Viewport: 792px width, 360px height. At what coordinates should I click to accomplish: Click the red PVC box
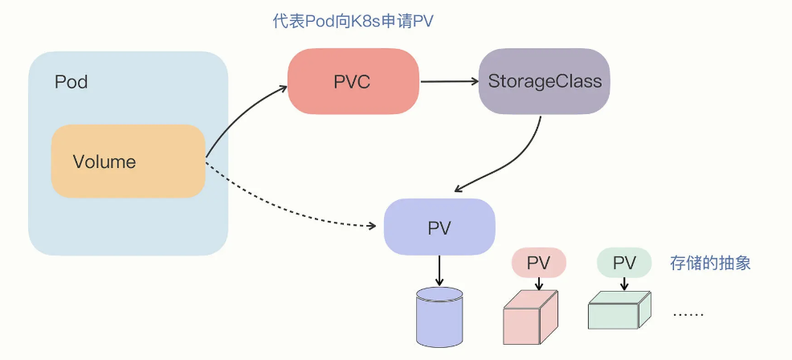tap(353, 81)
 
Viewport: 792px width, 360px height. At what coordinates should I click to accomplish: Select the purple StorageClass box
tap(545, 81)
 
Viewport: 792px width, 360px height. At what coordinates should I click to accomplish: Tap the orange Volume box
tap(128, 162)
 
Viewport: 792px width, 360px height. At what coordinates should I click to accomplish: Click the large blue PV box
tap(439, 227)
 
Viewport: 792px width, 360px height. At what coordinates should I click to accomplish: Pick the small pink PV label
tap(539, 263)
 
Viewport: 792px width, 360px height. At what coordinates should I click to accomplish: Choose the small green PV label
tap(624, 263)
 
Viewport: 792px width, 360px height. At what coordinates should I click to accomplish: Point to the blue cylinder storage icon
tap(439, 317)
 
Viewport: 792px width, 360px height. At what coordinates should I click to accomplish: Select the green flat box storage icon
tap(619, 310)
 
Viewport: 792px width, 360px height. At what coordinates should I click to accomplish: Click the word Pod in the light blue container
tap(71, 82)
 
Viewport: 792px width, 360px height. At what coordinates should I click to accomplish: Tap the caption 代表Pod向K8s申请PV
tap(353, 22)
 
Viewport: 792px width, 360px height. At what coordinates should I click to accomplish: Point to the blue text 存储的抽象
tap(710, 263)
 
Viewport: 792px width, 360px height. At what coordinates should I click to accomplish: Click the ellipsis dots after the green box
tap(688, 314)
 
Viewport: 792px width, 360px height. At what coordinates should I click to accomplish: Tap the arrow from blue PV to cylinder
tap(439, 271)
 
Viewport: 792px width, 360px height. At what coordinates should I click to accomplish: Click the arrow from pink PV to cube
tap(539, 284)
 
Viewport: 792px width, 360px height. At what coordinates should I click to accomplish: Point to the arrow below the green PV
tap(624, 284)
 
